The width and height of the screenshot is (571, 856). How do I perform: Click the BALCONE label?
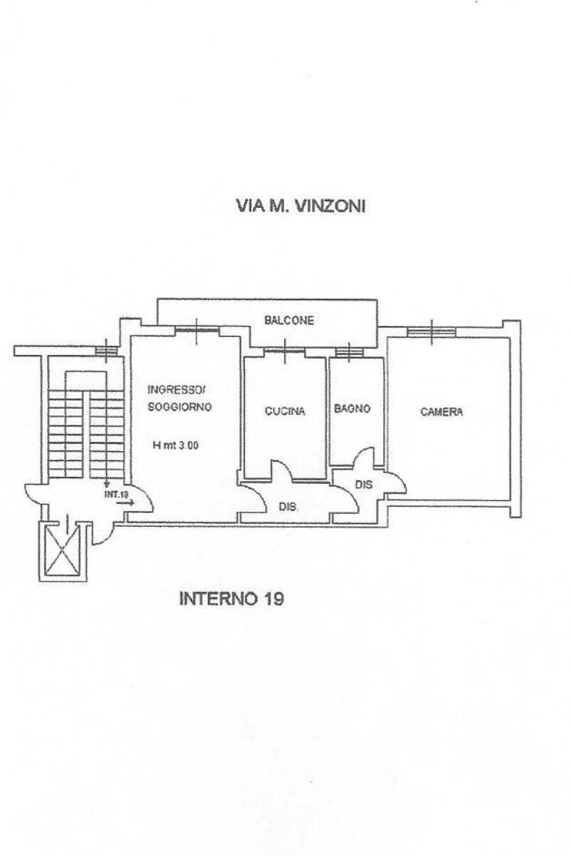coord(289,320)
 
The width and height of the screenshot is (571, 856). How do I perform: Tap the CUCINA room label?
coord(285,411)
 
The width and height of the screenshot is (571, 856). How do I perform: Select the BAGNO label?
coord(352,409)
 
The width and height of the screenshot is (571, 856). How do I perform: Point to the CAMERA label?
coord(441,411)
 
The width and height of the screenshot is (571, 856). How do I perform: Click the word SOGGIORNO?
coord(179,407)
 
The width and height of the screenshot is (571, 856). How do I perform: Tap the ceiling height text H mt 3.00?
coord(175,446)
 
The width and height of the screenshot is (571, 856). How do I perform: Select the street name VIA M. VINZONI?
coord(300,206)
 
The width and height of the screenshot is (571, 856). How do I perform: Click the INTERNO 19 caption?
coord(231,598)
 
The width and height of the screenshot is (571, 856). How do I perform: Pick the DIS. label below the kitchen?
coord(288,508)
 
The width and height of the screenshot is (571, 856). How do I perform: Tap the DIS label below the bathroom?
coord(363,485)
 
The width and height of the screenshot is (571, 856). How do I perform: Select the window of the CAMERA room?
coord(432,331)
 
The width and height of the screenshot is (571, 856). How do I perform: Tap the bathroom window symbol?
coord(349,352)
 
